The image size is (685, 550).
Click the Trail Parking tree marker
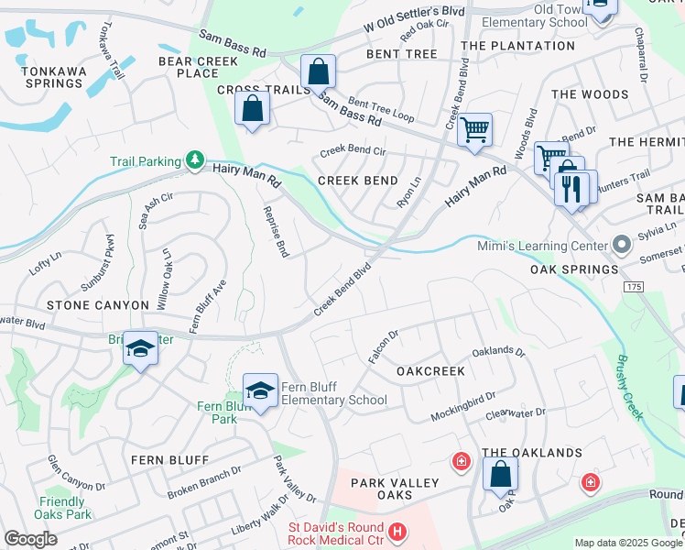(x=194, y=160)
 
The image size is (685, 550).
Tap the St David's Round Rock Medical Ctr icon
(x=397, y=532)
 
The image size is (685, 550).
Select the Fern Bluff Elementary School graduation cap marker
(x=260, y=390)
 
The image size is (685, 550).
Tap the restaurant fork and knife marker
(x=571, y=189)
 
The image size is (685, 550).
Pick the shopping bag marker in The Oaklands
(x=500, y=475)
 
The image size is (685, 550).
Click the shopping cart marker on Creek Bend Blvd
(x=474, y=131)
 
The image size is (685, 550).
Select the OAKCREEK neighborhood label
(x=430, y=371)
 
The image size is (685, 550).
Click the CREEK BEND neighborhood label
(x=357, y=181)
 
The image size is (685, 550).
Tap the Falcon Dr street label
(x=382, y=346)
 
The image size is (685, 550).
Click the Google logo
(x=30, y=539)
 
